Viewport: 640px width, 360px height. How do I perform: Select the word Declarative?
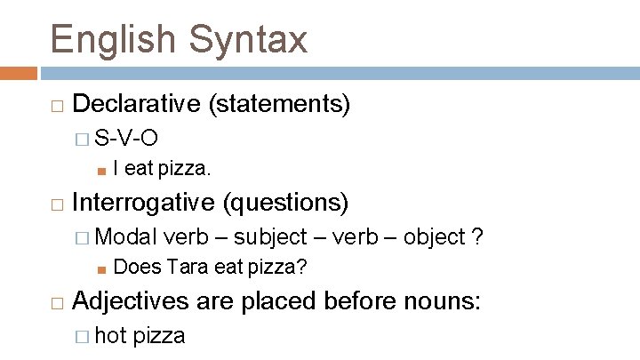(136, 104)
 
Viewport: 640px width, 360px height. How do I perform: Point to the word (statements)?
(279, 104)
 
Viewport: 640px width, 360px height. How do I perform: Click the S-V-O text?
(127, 137)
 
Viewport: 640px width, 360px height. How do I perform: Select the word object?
(435, 236)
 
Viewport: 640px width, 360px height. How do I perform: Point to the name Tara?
(186, 266)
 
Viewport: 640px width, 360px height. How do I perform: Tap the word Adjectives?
(130, 302)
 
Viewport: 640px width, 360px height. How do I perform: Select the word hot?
(110, 335)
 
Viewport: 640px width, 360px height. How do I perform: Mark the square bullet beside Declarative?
(57, 106)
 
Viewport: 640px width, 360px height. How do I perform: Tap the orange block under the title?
(18, 74)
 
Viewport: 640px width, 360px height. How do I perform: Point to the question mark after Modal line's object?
(478, 236)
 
